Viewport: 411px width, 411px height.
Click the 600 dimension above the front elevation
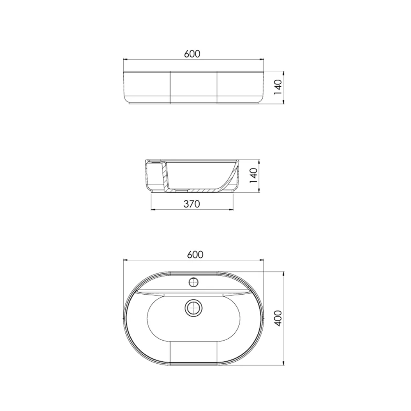pos(192,54)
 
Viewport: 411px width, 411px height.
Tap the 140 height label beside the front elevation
pos(277,87)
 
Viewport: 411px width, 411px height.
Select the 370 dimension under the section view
pos(192,204)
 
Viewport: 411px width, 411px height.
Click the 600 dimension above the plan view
pos(195,254)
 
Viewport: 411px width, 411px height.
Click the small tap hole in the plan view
pos(194,282)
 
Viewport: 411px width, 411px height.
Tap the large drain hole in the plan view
pos(194,307)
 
